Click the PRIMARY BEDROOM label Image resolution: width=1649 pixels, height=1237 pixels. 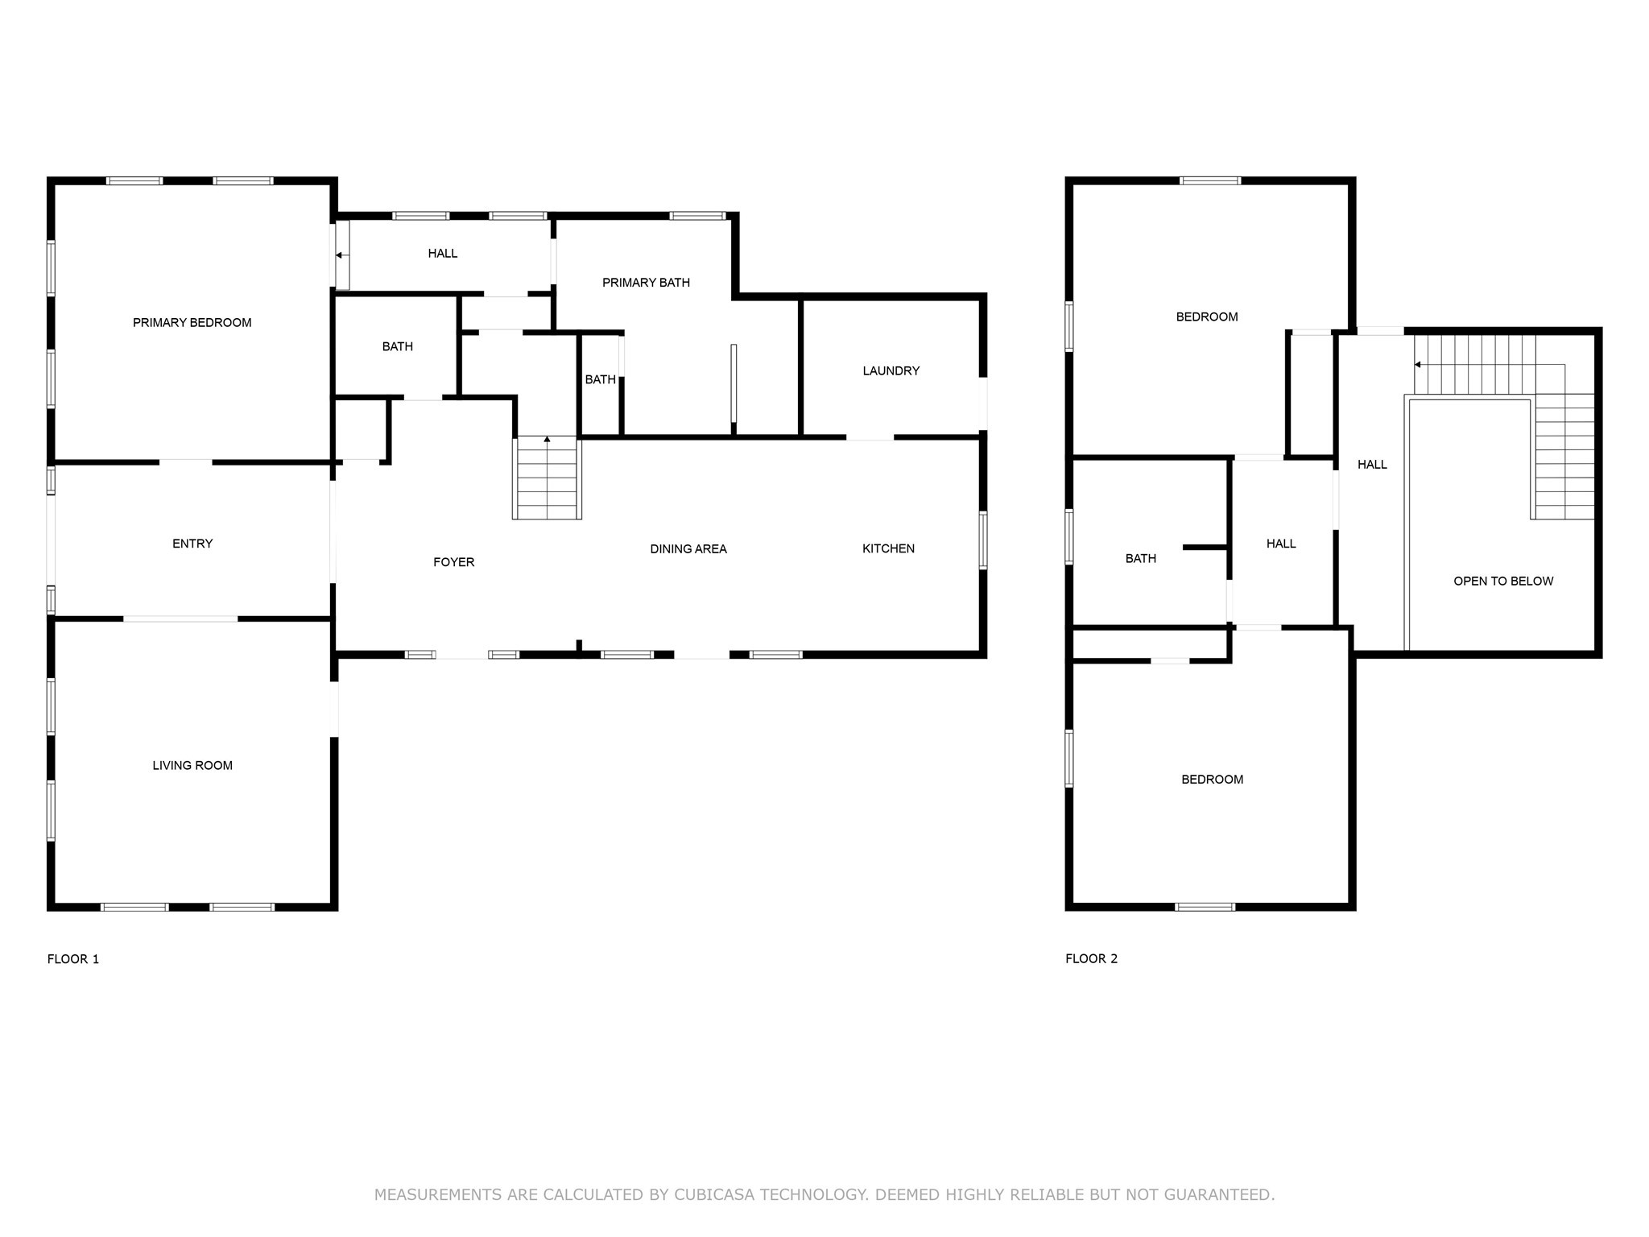[x=192, y=323]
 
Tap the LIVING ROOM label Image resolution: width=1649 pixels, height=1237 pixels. [x=192, y=766]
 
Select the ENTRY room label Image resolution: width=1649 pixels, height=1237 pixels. [x=192, y=544]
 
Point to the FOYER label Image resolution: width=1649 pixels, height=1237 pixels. [x=453, y=562]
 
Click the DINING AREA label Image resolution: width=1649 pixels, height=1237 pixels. [x=688, y=549]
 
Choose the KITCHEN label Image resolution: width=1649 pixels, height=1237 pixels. [x=888, y=548]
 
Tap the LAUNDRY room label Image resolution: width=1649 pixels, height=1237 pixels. [x=891, y=371]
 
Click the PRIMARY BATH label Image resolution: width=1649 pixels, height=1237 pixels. [x=646, y=283]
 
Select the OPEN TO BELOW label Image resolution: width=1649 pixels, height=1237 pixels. [x=1503, y=581]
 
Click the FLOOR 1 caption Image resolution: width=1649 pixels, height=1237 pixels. [x=73, y=959]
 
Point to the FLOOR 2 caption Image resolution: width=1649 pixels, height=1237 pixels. [x=1091, y=958]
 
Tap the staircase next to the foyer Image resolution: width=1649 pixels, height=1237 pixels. [x=548, y=478]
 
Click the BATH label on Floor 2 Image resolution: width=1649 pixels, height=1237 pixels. [x=1140, y=559]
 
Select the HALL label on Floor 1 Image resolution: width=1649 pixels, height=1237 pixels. [x=442, y=254]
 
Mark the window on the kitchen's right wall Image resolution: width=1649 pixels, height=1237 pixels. [x=983, y=540]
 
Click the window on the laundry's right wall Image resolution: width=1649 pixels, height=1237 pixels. [x=983, y=403]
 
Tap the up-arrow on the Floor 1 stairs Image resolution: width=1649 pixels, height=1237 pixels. [x=548, y=440]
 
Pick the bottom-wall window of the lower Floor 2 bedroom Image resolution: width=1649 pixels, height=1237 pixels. [x=1205, y=907]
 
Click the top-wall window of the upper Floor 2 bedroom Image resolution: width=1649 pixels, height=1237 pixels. [x=1210, y=180]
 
